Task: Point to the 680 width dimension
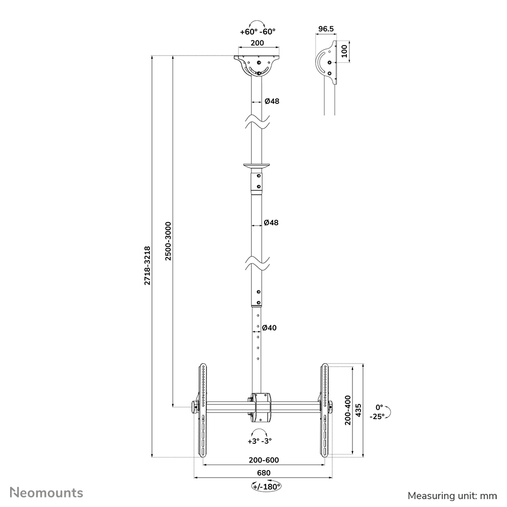263,473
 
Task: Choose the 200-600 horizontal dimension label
263,460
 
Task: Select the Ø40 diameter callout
270,328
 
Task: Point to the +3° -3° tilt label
260,440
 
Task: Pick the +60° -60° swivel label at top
258,32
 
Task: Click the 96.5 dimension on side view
326,29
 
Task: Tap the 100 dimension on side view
344,51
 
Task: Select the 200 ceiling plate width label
258,43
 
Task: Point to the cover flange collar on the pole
258,165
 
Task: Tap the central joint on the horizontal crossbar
263,407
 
